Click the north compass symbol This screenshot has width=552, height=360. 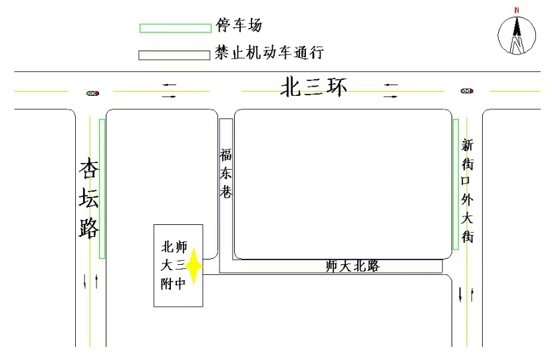[x=517, y=35]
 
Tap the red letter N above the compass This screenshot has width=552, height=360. [x=517, y=10]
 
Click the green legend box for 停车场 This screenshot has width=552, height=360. [x=176, y=28]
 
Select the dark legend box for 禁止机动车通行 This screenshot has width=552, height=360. [x=174, y=55]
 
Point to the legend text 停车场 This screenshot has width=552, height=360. [x=239, y=25]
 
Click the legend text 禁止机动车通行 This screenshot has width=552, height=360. [x=269, y=53]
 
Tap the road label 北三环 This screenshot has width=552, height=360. [x=313, y=87]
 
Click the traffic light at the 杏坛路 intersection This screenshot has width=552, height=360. [x=93, y=93]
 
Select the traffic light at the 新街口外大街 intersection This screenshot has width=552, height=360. [x=467, y=91]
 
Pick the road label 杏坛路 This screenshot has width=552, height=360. [x=88, y=198]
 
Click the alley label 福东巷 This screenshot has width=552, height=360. [x=225, y=173]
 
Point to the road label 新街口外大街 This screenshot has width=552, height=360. [x=467, y=190]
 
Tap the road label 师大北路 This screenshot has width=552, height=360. [x=352, y=266]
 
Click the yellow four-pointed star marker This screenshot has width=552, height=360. [x=194, y=266]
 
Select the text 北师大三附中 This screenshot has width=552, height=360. [x=174, y=266]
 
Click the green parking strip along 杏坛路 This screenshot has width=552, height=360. [x=102, y=189]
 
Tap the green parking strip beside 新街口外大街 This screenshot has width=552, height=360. [x=456, y=184]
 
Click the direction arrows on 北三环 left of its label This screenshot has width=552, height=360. [x=169, y=90]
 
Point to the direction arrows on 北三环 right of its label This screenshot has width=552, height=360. [x=391, y=90]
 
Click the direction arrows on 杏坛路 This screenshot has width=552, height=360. [x=90, y=281]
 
